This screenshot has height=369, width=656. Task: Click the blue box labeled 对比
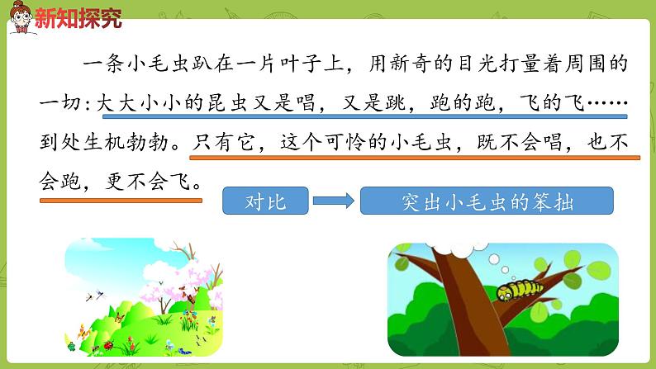[x=266, y=201]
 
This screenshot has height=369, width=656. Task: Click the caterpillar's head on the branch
[x=503, y=291]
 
